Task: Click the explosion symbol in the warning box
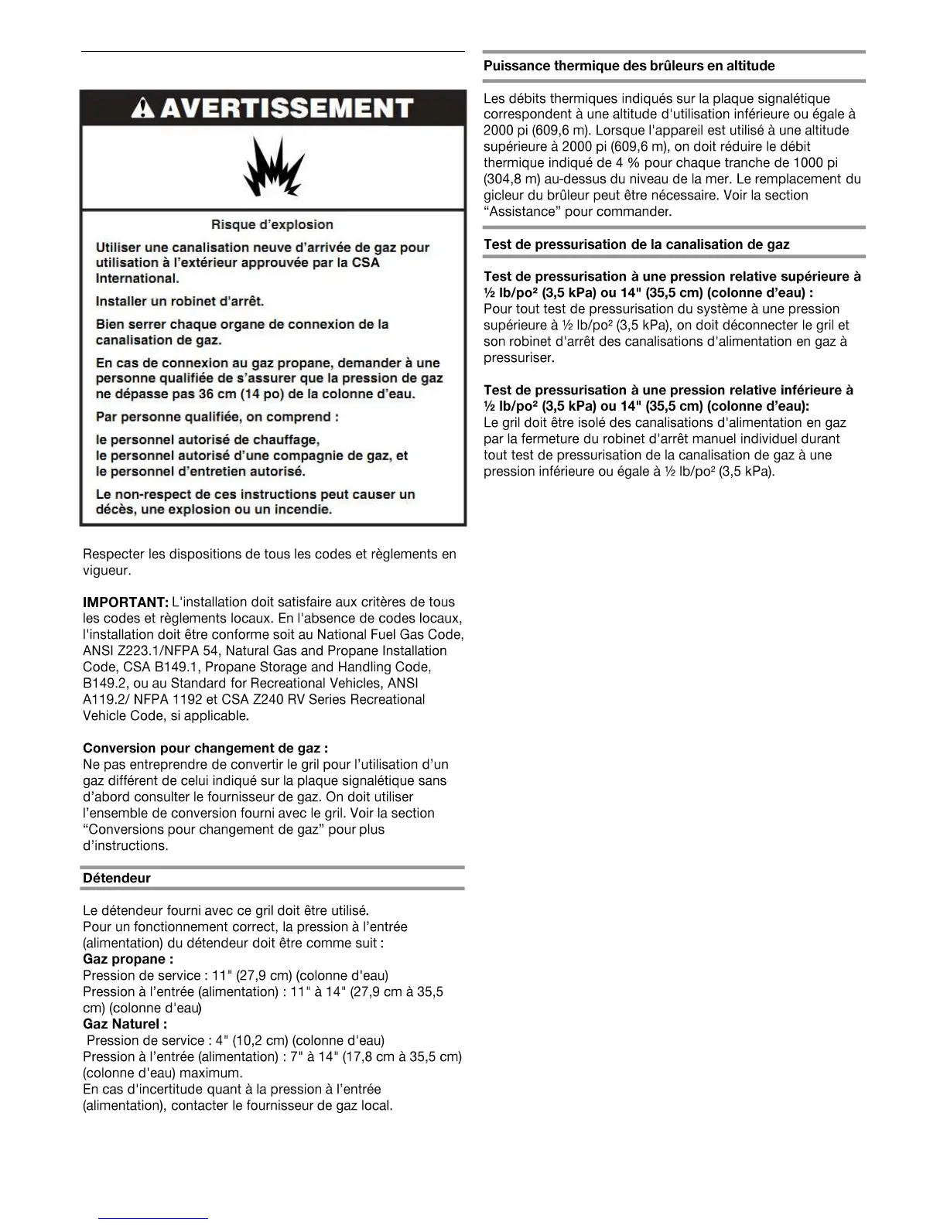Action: (273, 166)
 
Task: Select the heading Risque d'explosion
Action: (272, 225)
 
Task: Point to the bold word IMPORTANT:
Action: (125, 602)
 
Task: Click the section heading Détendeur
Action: (117, 879)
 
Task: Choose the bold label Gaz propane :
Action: (128, 960)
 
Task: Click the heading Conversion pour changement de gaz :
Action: (205, 749)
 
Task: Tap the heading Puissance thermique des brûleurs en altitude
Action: (629, 67)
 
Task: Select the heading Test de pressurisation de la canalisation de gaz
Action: (636, 245)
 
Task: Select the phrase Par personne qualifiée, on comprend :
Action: (217, 418)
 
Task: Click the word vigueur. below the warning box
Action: (107, 572)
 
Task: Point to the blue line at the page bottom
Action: (153, 1219)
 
